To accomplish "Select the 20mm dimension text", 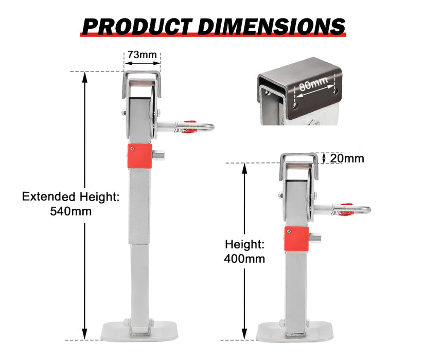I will pos(347,158).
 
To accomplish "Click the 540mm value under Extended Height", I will pos(71,211).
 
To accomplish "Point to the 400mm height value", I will pos(244,258).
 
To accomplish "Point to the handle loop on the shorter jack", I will pos(358,209).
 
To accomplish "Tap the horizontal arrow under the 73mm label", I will pos(142,64).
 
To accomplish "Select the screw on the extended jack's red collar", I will pos(132,149).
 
